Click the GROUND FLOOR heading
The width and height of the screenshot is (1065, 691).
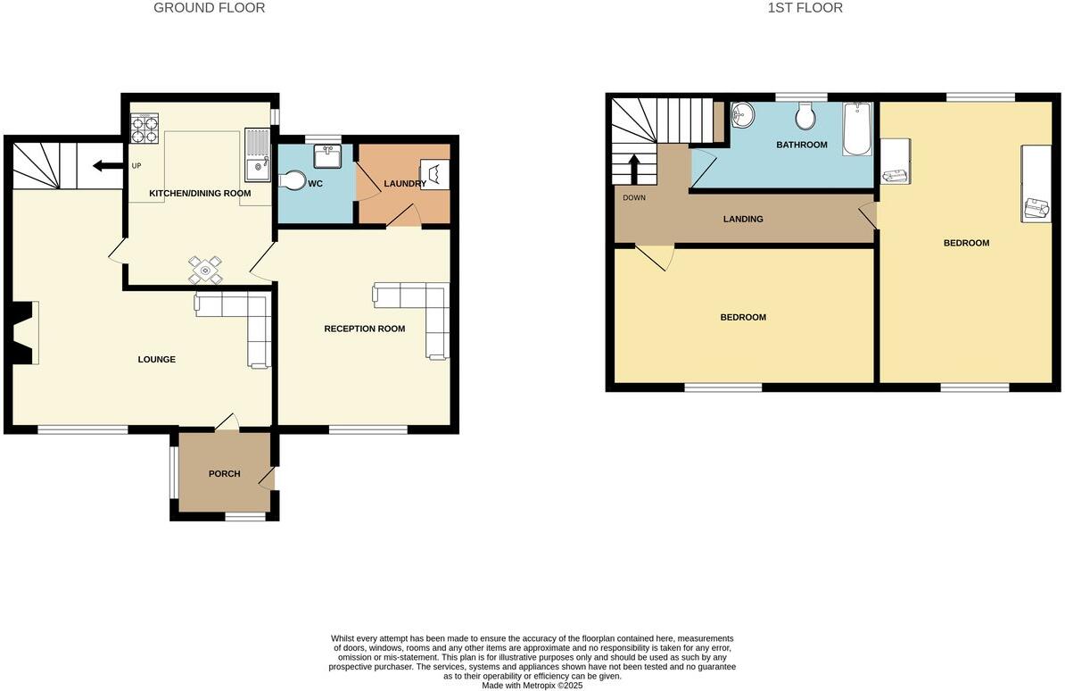coord(209,8)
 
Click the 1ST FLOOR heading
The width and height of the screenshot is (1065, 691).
coord(805,8)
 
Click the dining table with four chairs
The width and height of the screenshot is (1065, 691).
coord(206,269)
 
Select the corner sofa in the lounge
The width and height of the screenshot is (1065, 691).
coord(241,322)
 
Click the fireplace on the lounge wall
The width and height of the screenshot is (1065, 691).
coord(26,332)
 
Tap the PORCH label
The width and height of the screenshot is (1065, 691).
coord(224,474)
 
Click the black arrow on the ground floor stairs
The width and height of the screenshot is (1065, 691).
coord(107,165)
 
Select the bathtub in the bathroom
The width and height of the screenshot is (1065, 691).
coord(856,129)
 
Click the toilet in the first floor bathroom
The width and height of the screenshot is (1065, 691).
coord(805,116)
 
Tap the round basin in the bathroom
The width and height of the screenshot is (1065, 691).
coord(742,114)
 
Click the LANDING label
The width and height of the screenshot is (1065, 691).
coord(743,219)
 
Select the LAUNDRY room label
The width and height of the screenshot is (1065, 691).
coord(405,184)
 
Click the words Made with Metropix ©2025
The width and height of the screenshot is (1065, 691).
coord(532,686)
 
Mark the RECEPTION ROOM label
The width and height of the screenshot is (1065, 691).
coord(364,329)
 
